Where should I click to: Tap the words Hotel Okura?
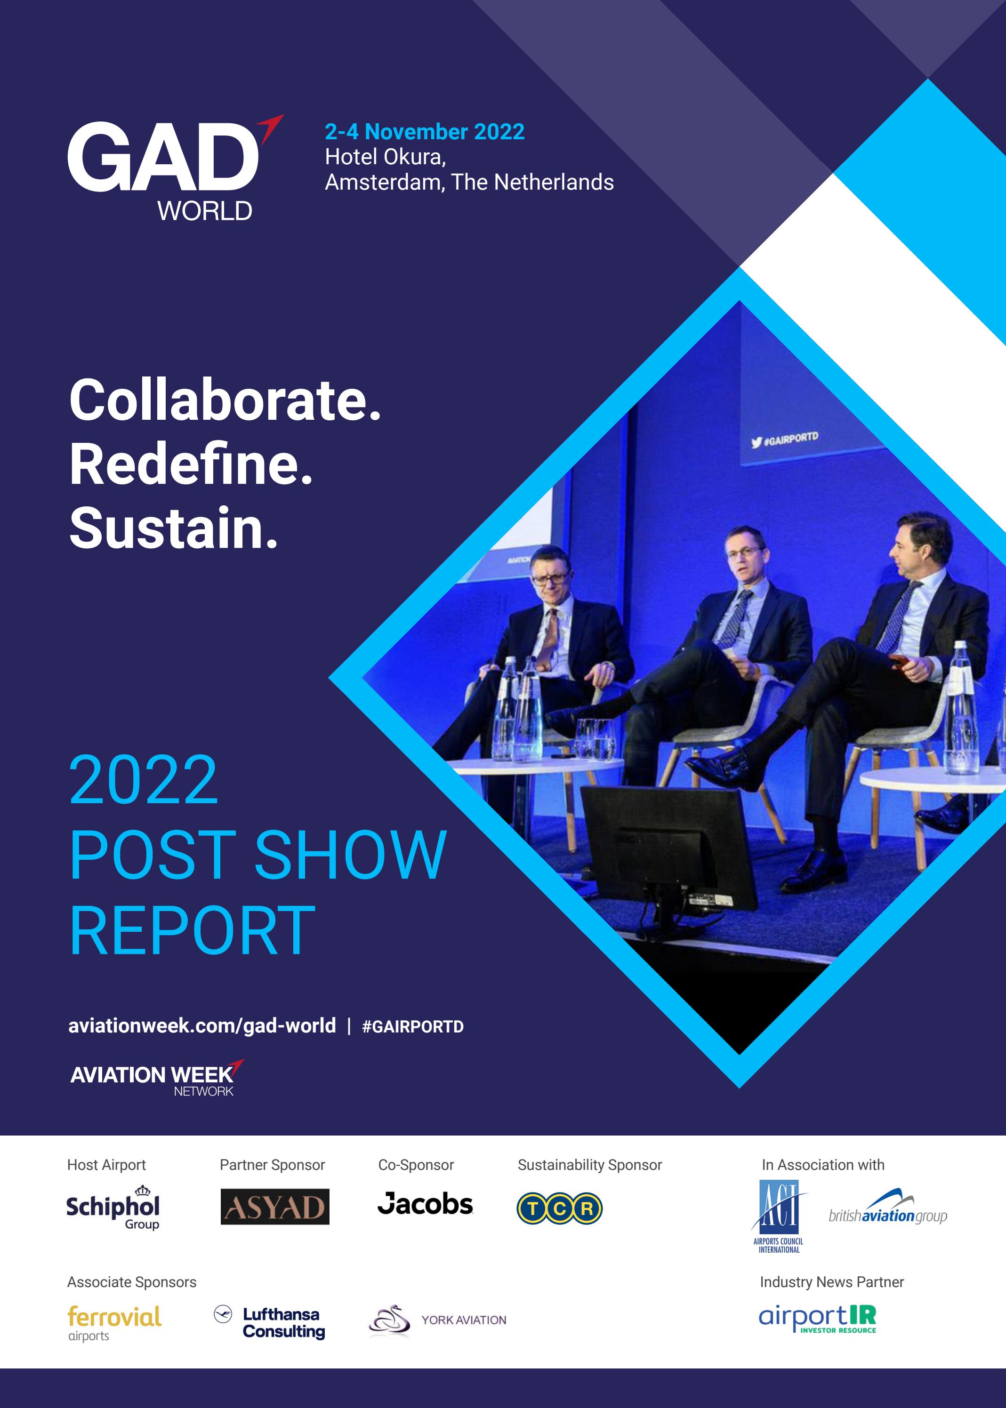385,157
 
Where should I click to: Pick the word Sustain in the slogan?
173,528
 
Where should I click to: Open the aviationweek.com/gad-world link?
202,1026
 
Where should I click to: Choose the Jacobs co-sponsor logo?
425,1204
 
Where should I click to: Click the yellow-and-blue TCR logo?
559,1208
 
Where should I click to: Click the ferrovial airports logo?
114,1322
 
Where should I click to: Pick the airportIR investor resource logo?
817,1319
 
